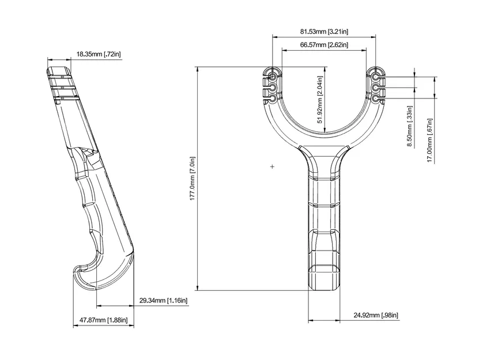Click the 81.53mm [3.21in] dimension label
(324, 31)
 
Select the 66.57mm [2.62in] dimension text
(324, 45)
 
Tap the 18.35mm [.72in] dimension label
(99, 54)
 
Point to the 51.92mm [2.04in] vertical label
(320, 100)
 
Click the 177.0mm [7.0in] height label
(192, 179)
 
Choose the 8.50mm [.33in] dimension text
(410, 126)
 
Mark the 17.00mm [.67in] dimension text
(430, 141)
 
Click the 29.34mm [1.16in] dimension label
(164, 301)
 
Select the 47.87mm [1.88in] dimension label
(104, 320)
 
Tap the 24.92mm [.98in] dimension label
(376, 315)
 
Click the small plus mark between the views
(272, 166)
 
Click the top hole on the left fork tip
(271, 77)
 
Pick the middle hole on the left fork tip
(271, 88)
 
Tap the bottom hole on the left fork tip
(271, 99)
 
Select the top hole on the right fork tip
(376, 77)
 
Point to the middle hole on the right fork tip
(376, 88)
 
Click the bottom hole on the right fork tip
(376, 99)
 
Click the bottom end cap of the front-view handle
(324, 278)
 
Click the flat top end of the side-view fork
(59, 70)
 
